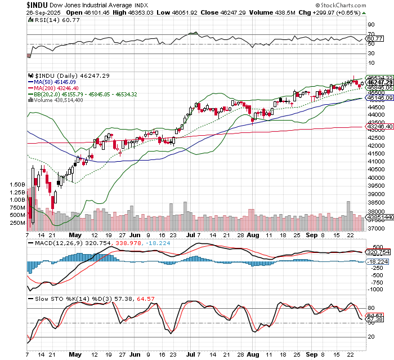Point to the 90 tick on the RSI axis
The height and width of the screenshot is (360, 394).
click(x=371, y=25)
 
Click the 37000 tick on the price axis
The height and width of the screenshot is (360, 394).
click(x=376, y=229)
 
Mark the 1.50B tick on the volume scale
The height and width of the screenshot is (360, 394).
click(x=17, y=184)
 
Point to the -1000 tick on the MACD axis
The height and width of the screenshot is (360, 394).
click(x=377, y=288)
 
